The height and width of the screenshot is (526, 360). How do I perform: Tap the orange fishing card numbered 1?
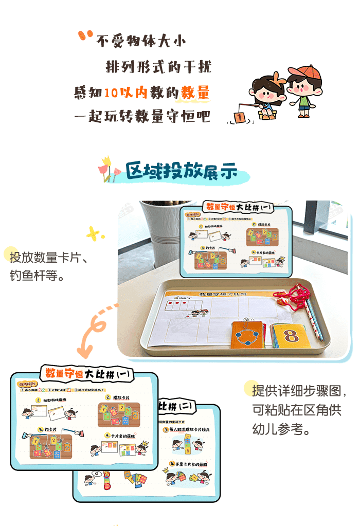tap(239, 117)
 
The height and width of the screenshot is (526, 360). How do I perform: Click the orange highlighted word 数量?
tap(195, 93)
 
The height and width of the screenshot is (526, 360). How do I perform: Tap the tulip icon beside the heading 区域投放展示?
tap(106, 169)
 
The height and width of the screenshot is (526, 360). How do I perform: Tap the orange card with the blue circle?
tap(248, 336)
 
